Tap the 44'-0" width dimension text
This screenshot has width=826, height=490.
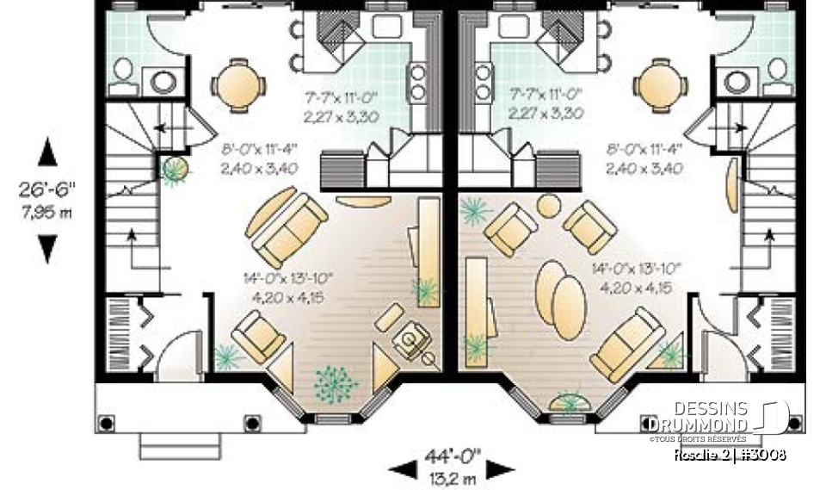coord(452,452)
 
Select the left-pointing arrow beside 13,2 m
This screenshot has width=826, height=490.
coord(404,469)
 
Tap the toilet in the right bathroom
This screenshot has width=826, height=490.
coord(778,76)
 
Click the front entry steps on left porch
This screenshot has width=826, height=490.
coord(170,447)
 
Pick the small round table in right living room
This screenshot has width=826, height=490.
coord(549,206)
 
